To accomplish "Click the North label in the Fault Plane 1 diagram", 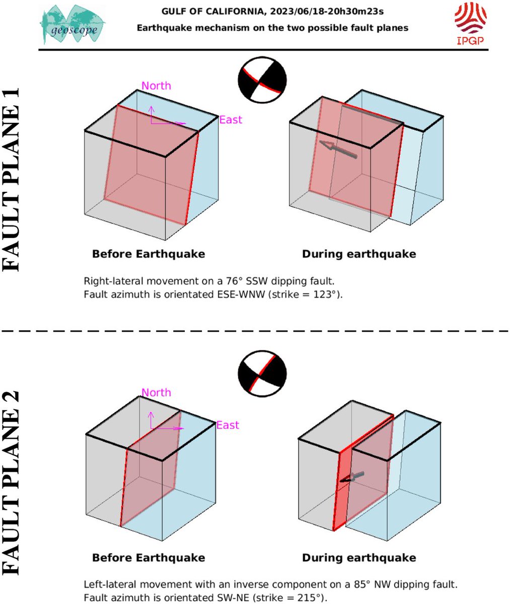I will click(156, 86).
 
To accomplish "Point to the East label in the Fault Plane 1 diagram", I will click(231, 120).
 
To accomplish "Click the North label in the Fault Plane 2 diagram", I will click(156, 392).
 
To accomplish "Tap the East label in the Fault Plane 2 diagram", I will click(228, 425).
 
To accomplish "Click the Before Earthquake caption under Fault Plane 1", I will click(149, 254).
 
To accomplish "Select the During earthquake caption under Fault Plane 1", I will click(359, 254).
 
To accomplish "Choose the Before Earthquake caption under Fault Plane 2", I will click(149, 558).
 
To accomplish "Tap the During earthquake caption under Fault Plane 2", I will click(359, 558).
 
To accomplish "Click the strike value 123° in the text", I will click(328, 294).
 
